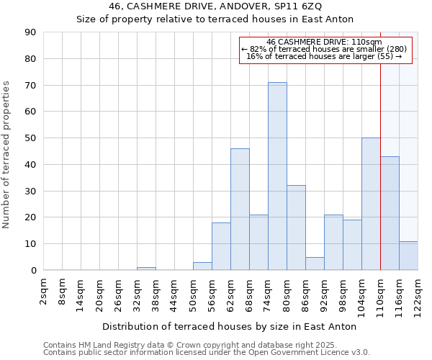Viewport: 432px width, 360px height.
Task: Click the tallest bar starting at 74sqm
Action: coord(277,176)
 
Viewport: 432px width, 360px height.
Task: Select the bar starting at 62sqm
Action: coord(240,209)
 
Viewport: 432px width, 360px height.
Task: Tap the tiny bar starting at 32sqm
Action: coord(146,269)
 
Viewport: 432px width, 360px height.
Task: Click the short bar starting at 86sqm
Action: coord(315,264)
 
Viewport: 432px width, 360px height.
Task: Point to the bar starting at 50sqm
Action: coord(202,266)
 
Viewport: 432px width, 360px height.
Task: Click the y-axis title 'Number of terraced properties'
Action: coord(7,155)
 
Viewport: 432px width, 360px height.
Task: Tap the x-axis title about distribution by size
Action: coord(229,326)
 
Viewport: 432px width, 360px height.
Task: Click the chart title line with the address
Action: coord(216,6)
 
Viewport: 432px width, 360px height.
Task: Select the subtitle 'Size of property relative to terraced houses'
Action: coord(216,19)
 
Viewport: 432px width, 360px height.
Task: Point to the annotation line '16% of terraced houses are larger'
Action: coord(324,56)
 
